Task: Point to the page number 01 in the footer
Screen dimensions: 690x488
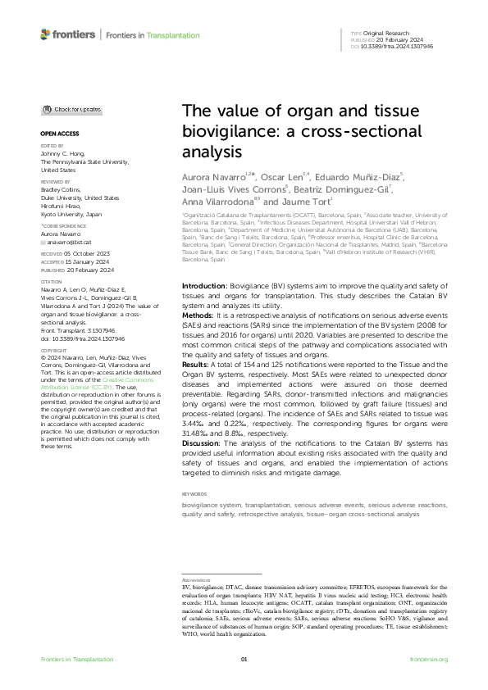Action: click(244, 660)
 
